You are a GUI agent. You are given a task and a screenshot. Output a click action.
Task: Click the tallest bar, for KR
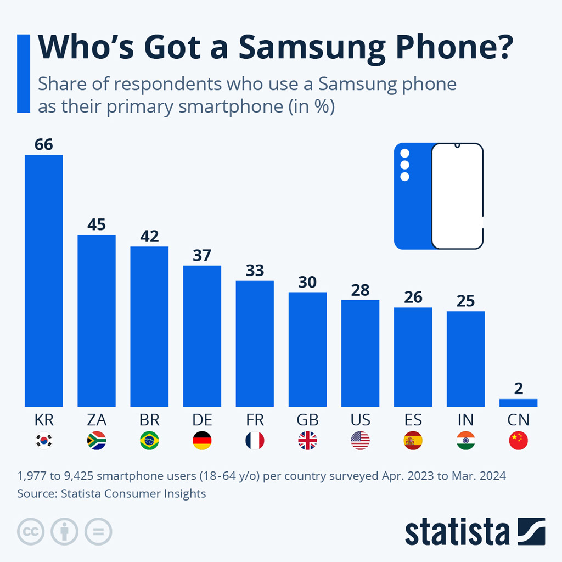point(44,280)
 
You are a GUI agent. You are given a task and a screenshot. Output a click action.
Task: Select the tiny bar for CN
point(518,403)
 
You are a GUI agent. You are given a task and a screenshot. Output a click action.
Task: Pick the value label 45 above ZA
point(97,225)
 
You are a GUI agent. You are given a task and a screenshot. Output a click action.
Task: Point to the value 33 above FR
point(255,271)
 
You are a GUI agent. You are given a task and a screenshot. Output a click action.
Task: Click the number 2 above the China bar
point(519,389)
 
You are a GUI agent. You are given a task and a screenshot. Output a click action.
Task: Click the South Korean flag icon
point(44,441)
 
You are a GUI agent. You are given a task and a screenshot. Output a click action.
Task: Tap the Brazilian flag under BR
point(149,441)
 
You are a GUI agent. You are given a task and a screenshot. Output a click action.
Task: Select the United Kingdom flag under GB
point(307,441)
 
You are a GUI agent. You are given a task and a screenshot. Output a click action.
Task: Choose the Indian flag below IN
point(465,441)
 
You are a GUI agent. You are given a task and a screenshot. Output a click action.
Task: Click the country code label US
point(360,420)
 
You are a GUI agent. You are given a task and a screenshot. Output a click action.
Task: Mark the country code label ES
point(413,420)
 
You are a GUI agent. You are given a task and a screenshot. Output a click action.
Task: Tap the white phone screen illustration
point(457,196)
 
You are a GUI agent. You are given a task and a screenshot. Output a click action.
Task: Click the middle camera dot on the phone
point(405,165)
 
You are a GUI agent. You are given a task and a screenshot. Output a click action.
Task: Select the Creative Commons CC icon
point(31,531)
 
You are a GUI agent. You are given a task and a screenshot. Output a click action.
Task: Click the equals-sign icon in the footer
point(98,531)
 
